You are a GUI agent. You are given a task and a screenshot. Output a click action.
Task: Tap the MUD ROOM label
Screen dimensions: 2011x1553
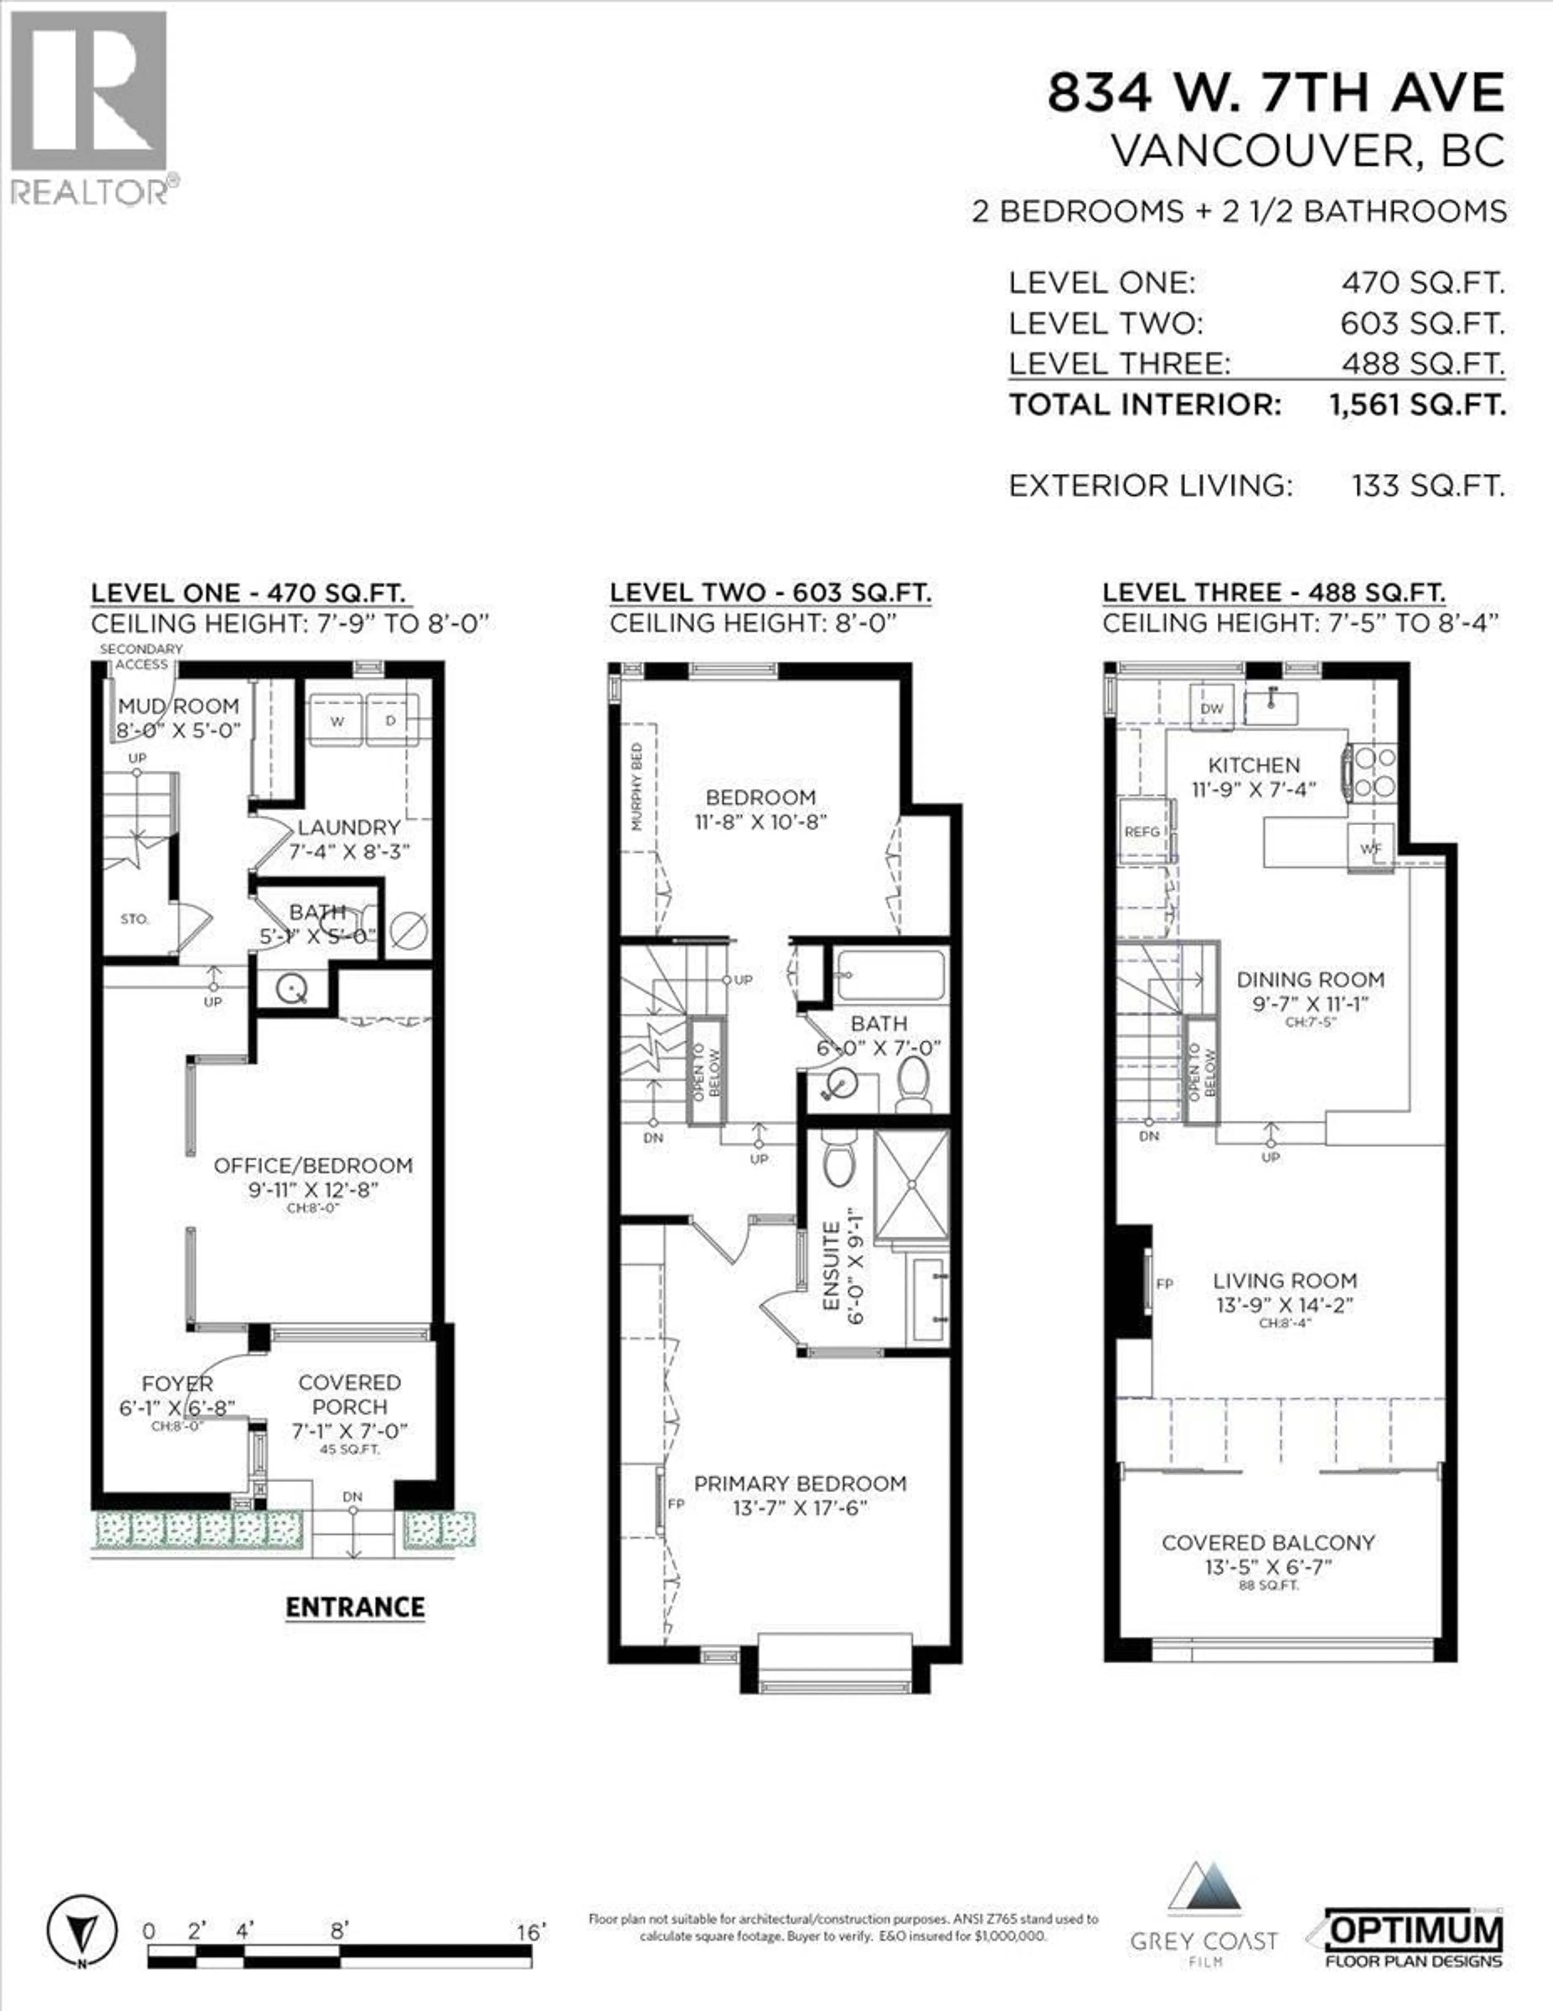pos(179,706)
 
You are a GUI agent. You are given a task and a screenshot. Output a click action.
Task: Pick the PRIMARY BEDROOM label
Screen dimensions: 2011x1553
pos(800,1483)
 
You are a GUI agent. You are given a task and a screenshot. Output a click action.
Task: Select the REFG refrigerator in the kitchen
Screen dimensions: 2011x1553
pos(1143,831)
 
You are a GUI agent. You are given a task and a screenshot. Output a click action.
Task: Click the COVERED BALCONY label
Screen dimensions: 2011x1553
pos(1267,1542)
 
